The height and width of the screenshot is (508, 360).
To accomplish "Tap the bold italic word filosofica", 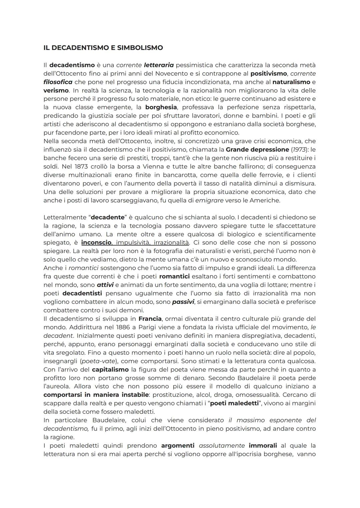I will tap(58, 82).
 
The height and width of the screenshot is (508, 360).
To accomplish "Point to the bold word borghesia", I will tap(161, 107).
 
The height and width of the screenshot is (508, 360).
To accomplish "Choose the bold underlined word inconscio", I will tap(96, 243).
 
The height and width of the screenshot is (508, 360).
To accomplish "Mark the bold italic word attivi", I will tap(105, 285).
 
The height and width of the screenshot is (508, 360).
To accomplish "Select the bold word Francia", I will tap(150, 319).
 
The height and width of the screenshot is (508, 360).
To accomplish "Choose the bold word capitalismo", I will tap(110, 369).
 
